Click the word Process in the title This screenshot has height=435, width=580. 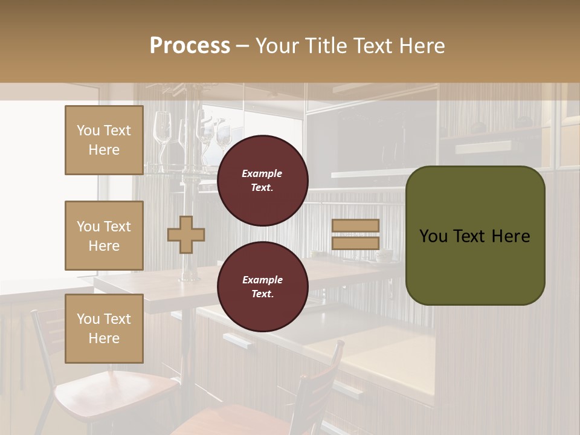[190, 46]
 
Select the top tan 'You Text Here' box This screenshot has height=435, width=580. [104, 140]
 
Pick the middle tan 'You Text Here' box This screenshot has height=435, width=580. [104, 236]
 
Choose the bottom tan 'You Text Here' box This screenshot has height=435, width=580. [104, 328]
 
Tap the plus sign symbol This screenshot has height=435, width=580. [186, 235]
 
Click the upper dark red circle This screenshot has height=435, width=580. [262, 181]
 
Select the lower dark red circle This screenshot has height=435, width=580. [262, 287]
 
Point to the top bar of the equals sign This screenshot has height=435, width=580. [355, 226]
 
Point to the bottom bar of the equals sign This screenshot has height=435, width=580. [355, 243]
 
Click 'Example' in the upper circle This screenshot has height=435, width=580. [262, 174]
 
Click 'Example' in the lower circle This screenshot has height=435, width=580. [262, 280]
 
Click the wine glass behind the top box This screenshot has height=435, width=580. [162, 130]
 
